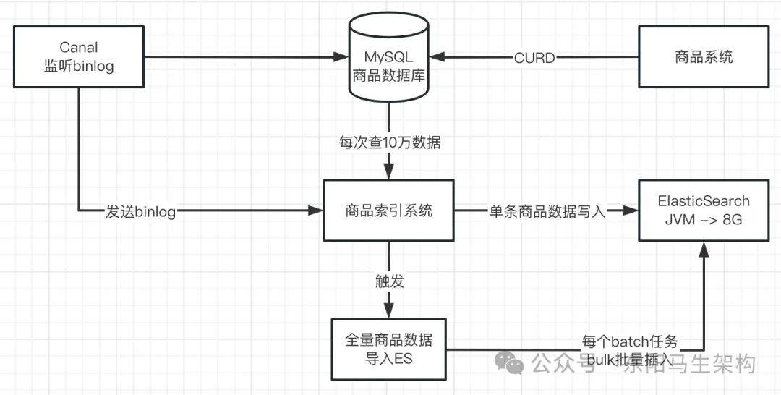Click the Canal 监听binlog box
coord(77,56)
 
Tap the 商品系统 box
coord(703,56)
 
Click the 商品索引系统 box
coord(389,211)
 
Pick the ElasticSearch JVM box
coord(703,211)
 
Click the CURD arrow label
coord(534,58)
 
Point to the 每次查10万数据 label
coord(389,143)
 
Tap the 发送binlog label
coord(141,211)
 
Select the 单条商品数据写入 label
coord(543,211)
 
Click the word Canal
coord(78,47)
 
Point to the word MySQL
coord(389,57)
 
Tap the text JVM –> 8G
coord(703,220)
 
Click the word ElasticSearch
coord(703,201)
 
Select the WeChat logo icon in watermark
coord(514,362)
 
